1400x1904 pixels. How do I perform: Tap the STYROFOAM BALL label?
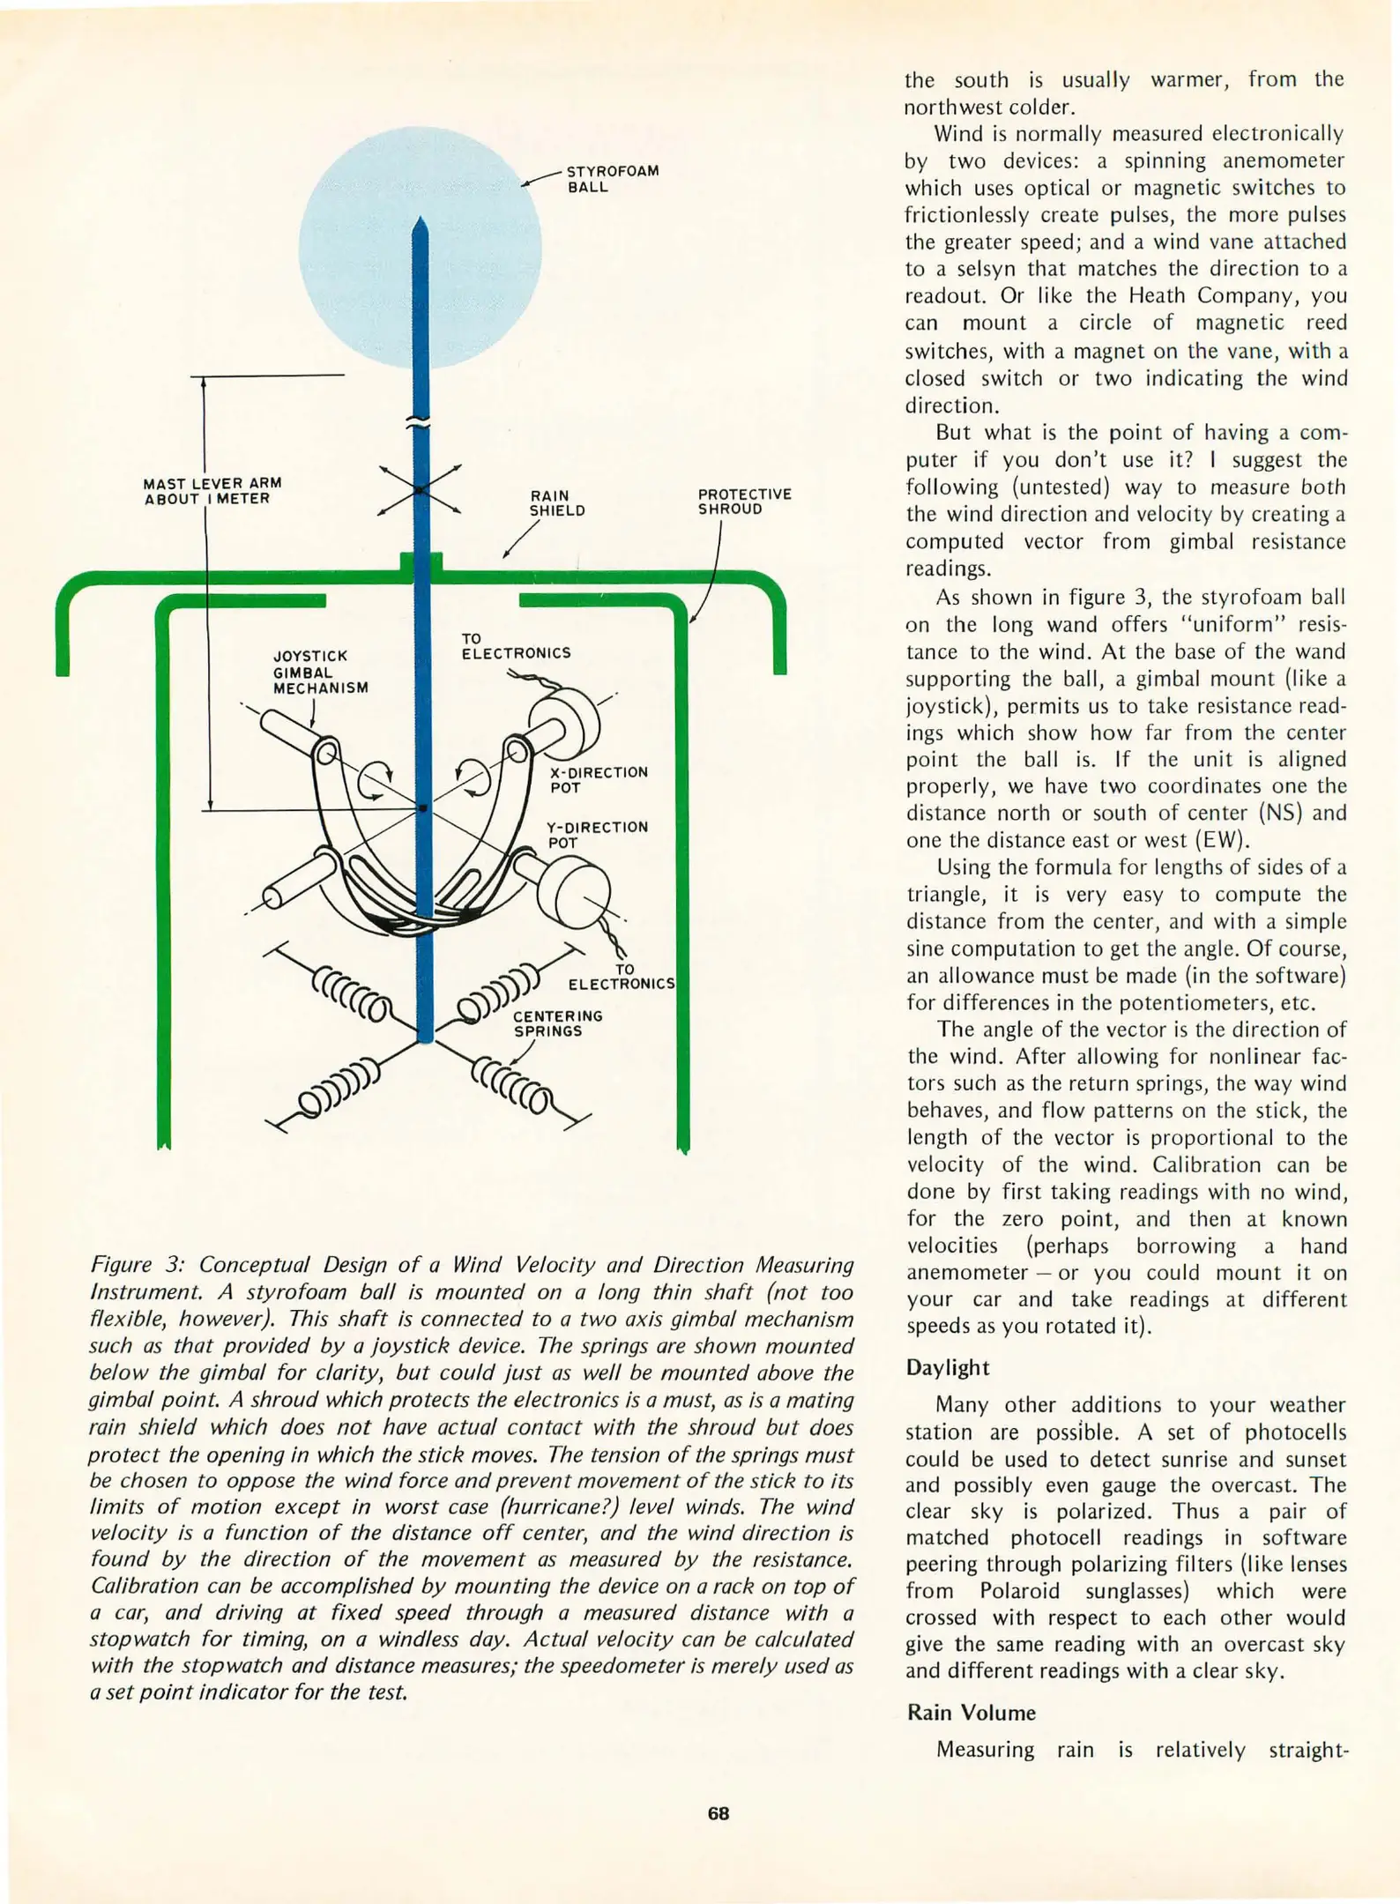tap(612, 179)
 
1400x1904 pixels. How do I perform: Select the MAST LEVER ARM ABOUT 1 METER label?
tap(212, 491)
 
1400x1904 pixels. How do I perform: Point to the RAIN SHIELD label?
tap(556, 503)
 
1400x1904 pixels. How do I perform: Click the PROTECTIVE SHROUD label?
tap(744, 502)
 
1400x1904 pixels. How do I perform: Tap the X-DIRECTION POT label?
tap(599, 779)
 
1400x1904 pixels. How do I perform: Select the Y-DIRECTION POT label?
tap(597, 834)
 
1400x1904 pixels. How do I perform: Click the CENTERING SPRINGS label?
tap(557, 1023)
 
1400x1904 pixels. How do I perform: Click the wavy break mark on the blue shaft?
tap(421, 421)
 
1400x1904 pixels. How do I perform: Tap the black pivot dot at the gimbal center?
tap(423, 807)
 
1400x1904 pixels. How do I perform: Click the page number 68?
tap(718, 1813)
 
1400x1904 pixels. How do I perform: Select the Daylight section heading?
tap(948, 1367)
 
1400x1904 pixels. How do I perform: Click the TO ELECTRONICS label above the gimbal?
tap(515, 645)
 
